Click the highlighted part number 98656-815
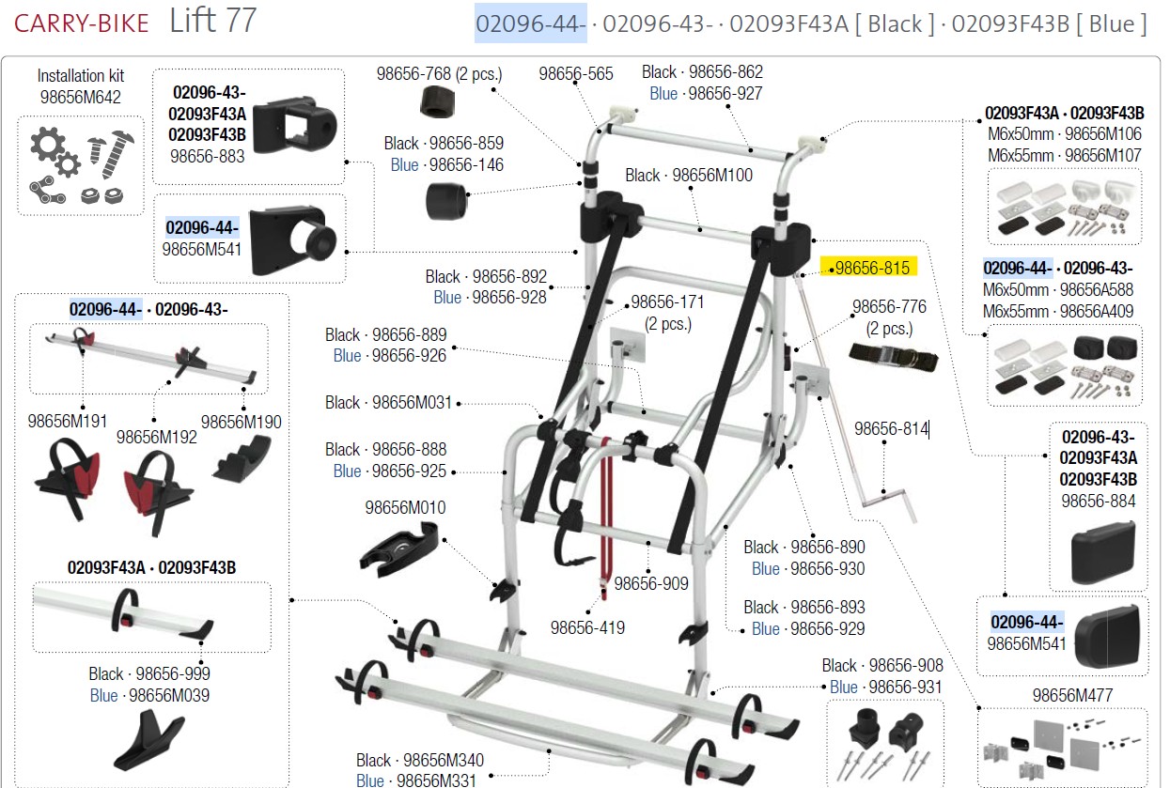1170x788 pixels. click(873, 269)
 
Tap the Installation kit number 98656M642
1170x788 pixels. click(80, 96)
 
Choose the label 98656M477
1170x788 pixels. click(1072, 696)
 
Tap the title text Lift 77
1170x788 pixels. click(213, 21)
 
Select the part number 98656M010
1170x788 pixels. click(405, 508)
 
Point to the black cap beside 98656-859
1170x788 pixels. click(447, 200)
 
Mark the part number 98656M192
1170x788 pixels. click(157, 437)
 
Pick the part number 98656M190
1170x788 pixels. click(241, 423)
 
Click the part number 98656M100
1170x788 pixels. click(712, 176)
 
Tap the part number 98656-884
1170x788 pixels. click(1098, 501)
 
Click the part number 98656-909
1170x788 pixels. click(651, 584)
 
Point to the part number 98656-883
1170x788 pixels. click(207, 156)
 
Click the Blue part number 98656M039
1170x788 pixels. click(169, 696)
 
